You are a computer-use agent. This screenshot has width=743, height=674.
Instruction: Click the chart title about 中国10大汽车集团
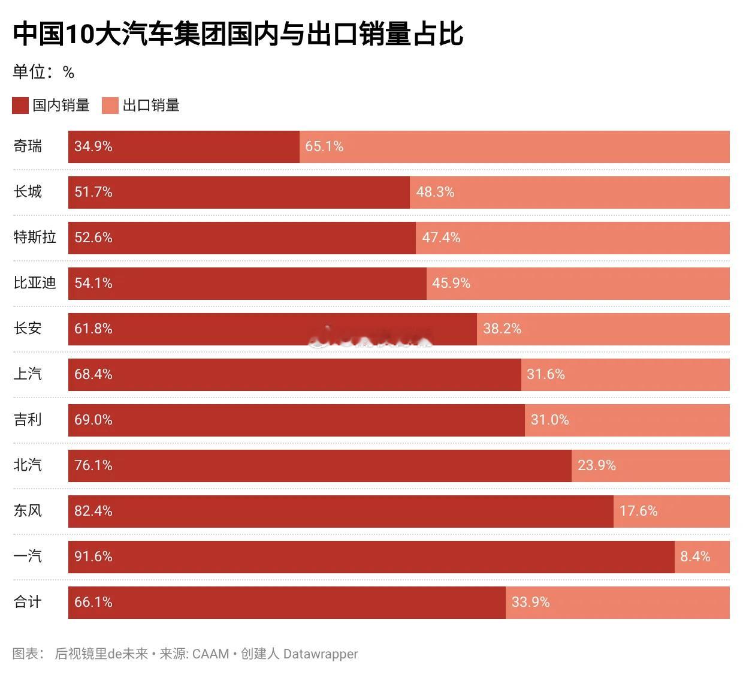click(238, 34)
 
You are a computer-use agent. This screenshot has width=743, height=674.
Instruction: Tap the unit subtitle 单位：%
click(43, 73)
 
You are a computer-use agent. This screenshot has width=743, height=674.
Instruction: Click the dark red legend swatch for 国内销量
click(20, 106)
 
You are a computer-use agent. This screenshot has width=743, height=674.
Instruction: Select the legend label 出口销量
click(151, 106)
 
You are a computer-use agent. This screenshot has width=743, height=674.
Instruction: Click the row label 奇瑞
click(28, 146)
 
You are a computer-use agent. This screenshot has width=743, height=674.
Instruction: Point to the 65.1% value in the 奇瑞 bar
click(324, 146)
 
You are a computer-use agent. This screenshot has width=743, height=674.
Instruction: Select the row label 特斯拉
click(35, 237)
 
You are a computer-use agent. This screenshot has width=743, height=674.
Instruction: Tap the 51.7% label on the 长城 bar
click(93, 192)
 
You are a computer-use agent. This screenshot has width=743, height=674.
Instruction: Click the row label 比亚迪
click(35, 283)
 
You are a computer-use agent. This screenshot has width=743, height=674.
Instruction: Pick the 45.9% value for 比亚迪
click(451, 283)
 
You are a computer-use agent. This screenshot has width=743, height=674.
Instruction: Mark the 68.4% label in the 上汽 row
click(93, 374)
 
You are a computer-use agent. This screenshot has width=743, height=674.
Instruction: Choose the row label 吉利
click(28, 420)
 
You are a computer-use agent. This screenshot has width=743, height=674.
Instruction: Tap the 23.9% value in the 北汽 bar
click(596, 465)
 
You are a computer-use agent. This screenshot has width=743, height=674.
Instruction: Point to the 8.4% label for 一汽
click(695, 556)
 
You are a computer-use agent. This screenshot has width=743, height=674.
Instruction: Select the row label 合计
click(28, 602)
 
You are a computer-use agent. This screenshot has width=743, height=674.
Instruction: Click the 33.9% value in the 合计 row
click(530, 602)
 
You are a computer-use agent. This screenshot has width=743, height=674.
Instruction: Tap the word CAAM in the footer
click(210, 654)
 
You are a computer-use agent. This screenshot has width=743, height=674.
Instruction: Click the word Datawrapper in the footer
click(320, 654)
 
